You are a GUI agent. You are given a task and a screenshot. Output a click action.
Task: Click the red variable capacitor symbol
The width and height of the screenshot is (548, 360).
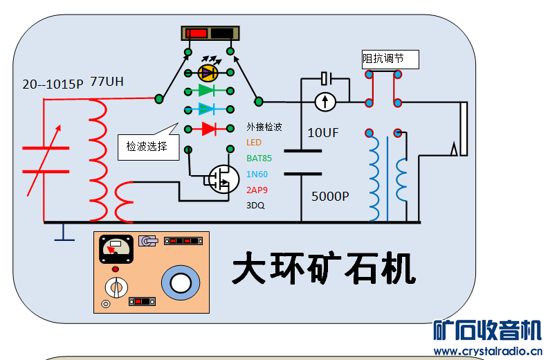[46, 159]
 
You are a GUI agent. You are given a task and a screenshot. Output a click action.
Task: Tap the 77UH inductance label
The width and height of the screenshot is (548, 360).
[107, 82]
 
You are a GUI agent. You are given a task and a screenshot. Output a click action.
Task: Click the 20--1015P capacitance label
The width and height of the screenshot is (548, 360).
[53, 84]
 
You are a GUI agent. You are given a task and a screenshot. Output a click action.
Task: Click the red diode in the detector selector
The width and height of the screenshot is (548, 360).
[209, 128]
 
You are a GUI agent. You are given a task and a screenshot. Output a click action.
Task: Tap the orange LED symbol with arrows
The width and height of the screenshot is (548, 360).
[208, 71]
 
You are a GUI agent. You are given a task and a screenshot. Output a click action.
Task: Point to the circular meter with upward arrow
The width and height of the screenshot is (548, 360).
[325, 102]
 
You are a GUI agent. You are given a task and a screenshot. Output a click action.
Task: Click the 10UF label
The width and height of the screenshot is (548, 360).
[323, 133]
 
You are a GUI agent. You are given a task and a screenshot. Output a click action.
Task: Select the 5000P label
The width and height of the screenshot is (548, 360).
[331, 197]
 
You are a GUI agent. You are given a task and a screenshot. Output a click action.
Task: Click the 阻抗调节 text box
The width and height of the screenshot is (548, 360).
[391, 60]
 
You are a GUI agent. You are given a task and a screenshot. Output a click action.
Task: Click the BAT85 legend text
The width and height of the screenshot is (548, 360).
[259, 158]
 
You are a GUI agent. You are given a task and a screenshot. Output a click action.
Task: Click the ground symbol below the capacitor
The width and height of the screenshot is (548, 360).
[64, 233]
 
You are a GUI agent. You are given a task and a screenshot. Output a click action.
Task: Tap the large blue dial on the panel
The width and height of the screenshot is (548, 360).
[181, 283]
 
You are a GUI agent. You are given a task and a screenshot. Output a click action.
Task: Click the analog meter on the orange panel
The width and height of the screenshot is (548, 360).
[113, 247]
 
